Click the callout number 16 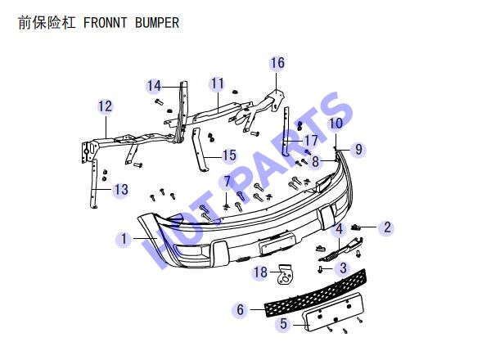pos(277,63)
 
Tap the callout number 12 pos(106,106)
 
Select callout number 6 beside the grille pos(240,310)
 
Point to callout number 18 pos(260,272)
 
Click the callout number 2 pos(387,227)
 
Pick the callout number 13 pos(121,190)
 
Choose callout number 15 pos(229,155)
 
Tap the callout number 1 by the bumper pos(124,239)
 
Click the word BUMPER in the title pos(157,23)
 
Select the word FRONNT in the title pos(106,23)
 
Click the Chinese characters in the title pos(47,23)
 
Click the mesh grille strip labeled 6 pos(315,293)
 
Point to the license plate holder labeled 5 pos(333,312)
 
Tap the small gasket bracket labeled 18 pos(286,274)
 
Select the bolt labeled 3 pos(320,269)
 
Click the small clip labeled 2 pos(355,227)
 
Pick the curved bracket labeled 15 pos(200,149)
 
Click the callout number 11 pos(218,84)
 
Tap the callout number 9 pos(359,150)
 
